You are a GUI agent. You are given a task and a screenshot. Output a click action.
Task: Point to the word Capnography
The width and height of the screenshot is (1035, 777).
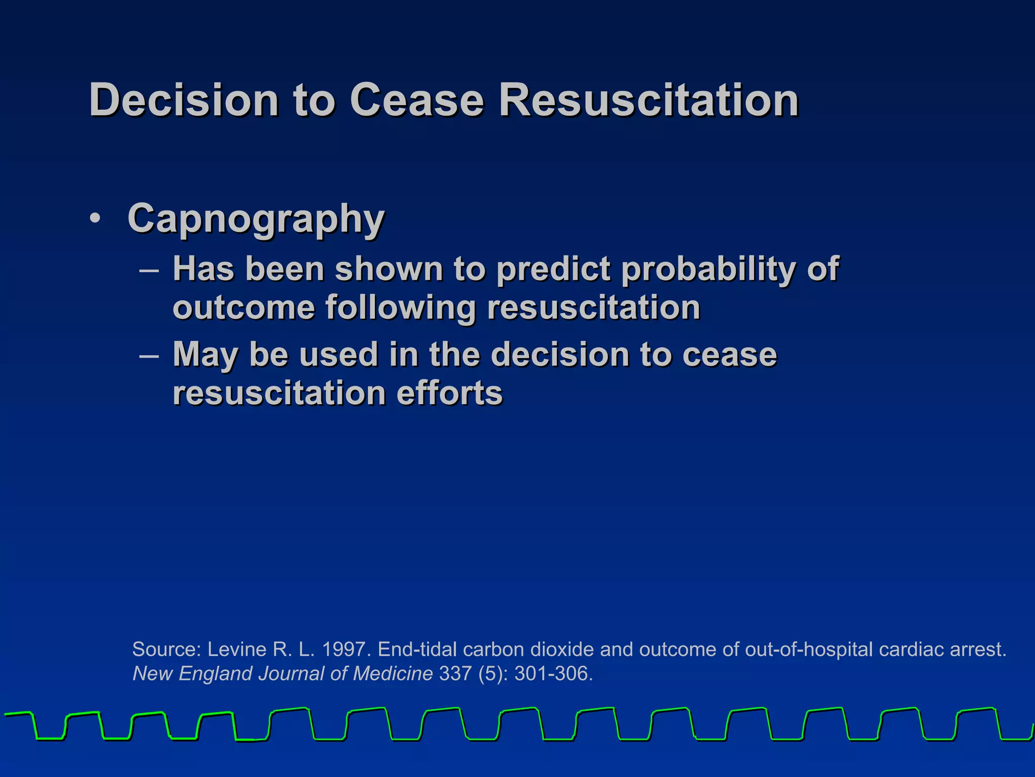coord(256,219)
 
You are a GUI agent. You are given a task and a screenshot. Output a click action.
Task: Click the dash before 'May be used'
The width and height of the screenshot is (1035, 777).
coord(149,355)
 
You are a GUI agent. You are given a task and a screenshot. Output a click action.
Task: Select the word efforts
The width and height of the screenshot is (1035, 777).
coord(449,393)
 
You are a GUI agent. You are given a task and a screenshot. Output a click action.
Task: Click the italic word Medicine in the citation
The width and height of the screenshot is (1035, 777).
coord(393,674)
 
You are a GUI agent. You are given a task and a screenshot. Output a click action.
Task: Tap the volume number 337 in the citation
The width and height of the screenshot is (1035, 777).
coord(455,674)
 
